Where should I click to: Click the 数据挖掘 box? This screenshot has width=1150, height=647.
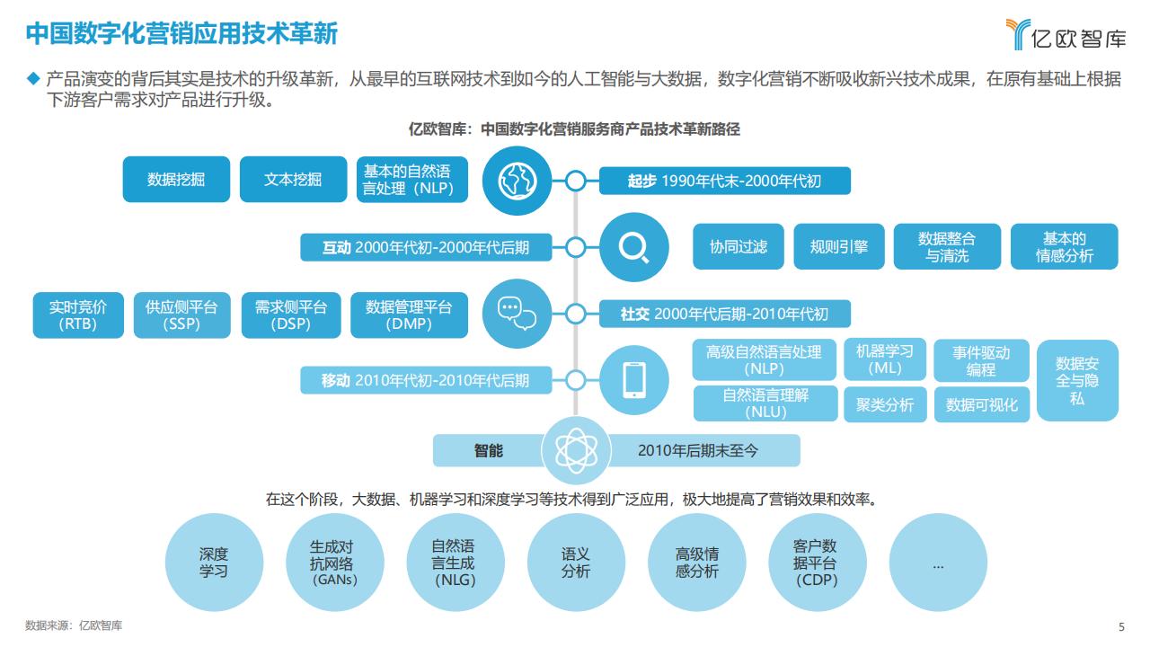click(176, 179)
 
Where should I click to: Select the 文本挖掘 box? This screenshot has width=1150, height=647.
click(293, 179)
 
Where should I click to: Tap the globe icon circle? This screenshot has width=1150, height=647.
click(517, 181)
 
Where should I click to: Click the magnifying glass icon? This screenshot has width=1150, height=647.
click(634, 247)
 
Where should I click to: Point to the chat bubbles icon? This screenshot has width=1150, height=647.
click(517, 314)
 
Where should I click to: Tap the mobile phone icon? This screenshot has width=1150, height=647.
click(634, 380)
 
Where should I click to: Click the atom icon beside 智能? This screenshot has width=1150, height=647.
click(576, 450)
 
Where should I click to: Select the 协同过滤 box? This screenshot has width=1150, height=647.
click(739, 246)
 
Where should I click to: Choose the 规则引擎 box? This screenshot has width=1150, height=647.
click(839, 246)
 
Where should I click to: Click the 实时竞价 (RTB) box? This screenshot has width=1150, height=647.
click(78, 315)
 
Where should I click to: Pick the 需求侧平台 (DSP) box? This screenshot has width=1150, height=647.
click(291, 315)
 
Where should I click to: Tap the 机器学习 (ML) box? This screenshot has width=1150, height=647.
click(885, 359)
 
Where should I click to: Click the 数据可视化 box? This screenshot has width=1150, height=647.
click(982, 404)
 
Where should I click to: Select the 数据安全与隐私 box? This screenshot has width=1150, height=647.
click(1077, 380)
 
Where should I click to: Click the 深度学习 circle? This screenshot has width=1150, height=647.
click(214, 563)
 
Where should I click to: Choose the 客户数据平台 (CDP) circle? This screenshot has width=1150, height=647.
click(818, 563)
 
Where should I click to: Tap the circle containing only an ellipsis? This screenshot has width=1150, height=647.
click(938, 563)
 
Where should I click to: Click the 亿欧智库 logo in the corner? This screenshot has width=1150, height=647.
click(1066, 34)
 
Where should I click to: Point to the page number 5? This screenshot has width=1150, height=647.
click(1122, 626)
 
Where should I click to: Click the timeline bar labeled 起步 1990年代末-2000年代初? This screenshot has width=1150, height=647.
click(724, 181)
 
